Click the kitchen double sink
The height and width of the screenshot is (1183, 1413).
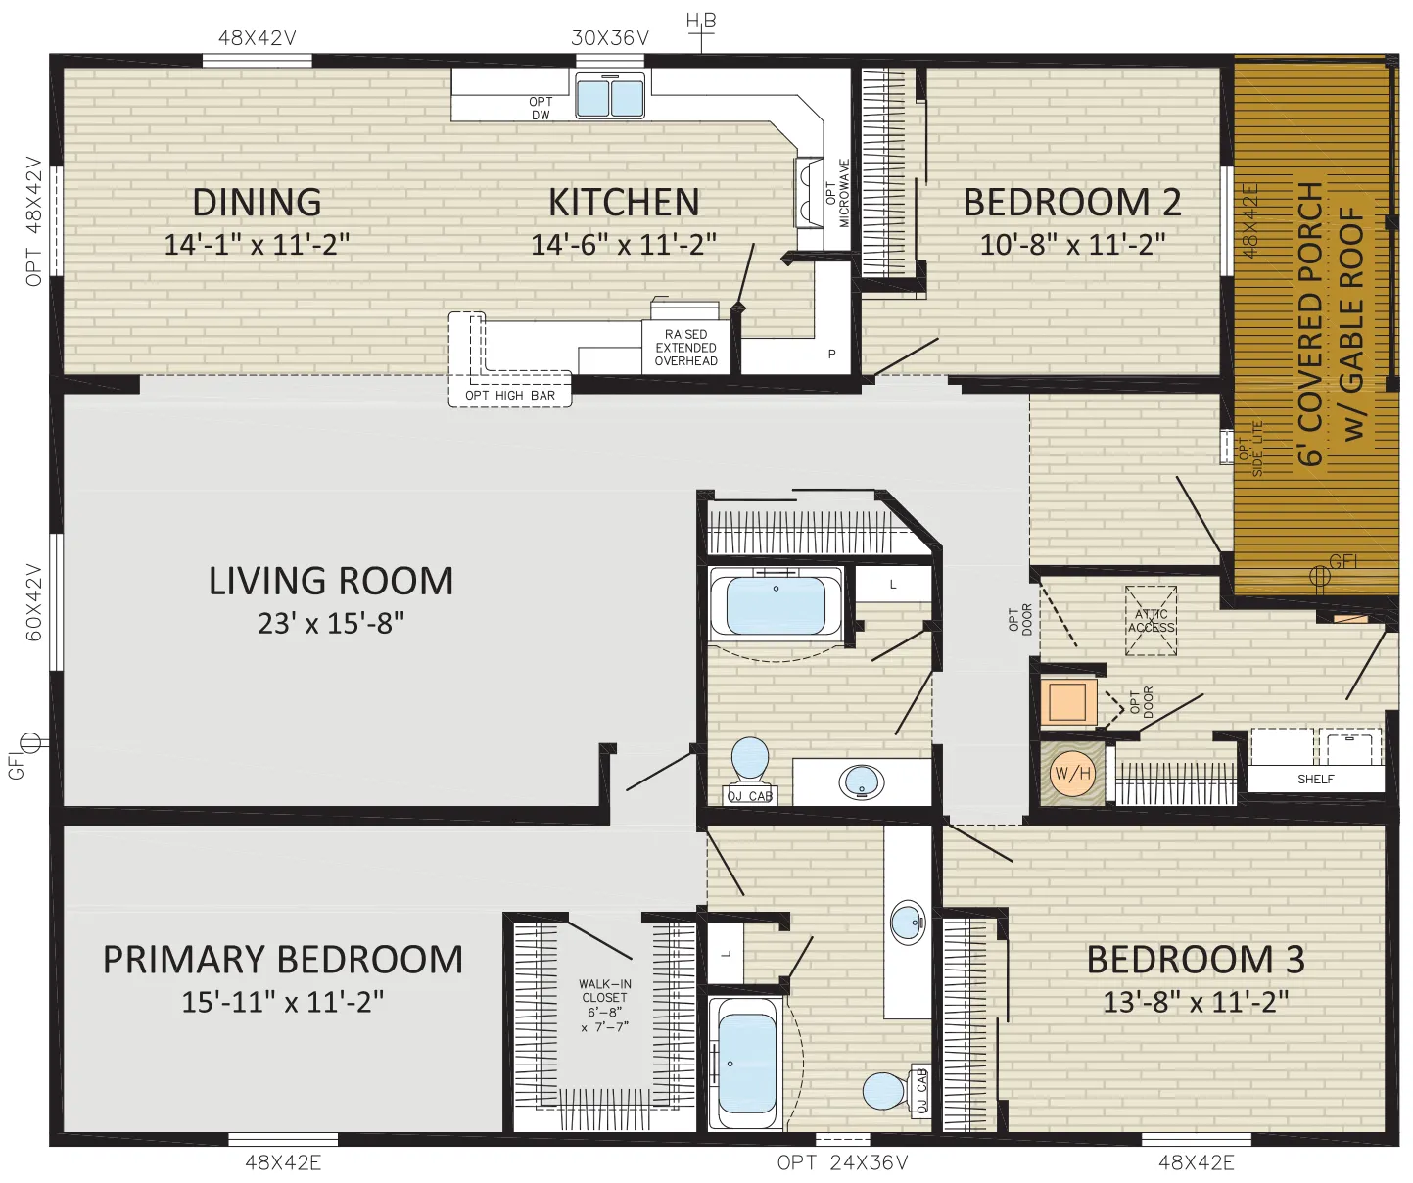(x=610, y=95)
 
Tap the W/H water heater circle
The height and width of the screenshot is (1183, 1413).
(x=1072, y=773)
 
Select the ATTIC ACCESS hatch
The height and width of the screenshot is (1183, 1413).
(x=1151, y=621)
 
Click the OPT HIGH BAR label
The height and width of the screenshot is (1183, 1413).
(x=509, y=396)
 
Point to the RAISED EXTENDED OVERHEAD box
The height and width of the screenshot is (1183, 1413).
(x=685, y=348)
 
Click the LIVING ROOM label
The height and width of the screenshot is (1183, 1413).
(x=331, y=581)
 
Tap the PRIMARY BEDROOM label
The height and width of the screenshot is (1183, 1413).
(x=283, y=959)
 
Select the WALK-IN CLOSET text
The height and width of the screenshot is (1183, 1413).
(x=604, y=991)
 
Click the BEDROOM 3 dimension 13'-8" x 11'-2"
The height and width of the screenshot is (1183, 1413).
(x=1196, y=1002)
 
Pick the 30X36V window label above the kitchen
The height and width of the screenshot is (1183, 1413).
(x=610, y=38)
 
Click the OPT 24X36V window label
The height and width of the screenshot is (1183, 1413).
(x=842, y=1162)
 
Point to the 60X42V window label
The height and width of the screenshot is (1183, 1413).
(x=34, y=602)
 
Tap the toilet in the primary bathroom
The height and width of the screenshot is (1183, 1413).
(x=884, y=1090)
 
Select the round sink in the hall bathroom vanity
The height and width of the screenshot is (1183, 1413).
(x=862, y=781)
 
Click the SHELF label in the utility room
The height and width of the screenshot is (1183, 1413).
(x=1315, y=779)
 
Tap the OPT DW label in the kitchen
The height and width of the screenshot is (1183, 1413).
(x=541, y=109)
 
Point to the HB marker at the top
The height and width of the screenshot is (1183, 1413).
(x=701, y=22)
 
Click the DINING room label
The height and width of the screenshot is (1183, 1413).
(x=258, y=202)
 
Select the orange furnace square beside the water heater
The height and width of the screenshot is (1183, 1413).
(x=1068, y=701)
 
